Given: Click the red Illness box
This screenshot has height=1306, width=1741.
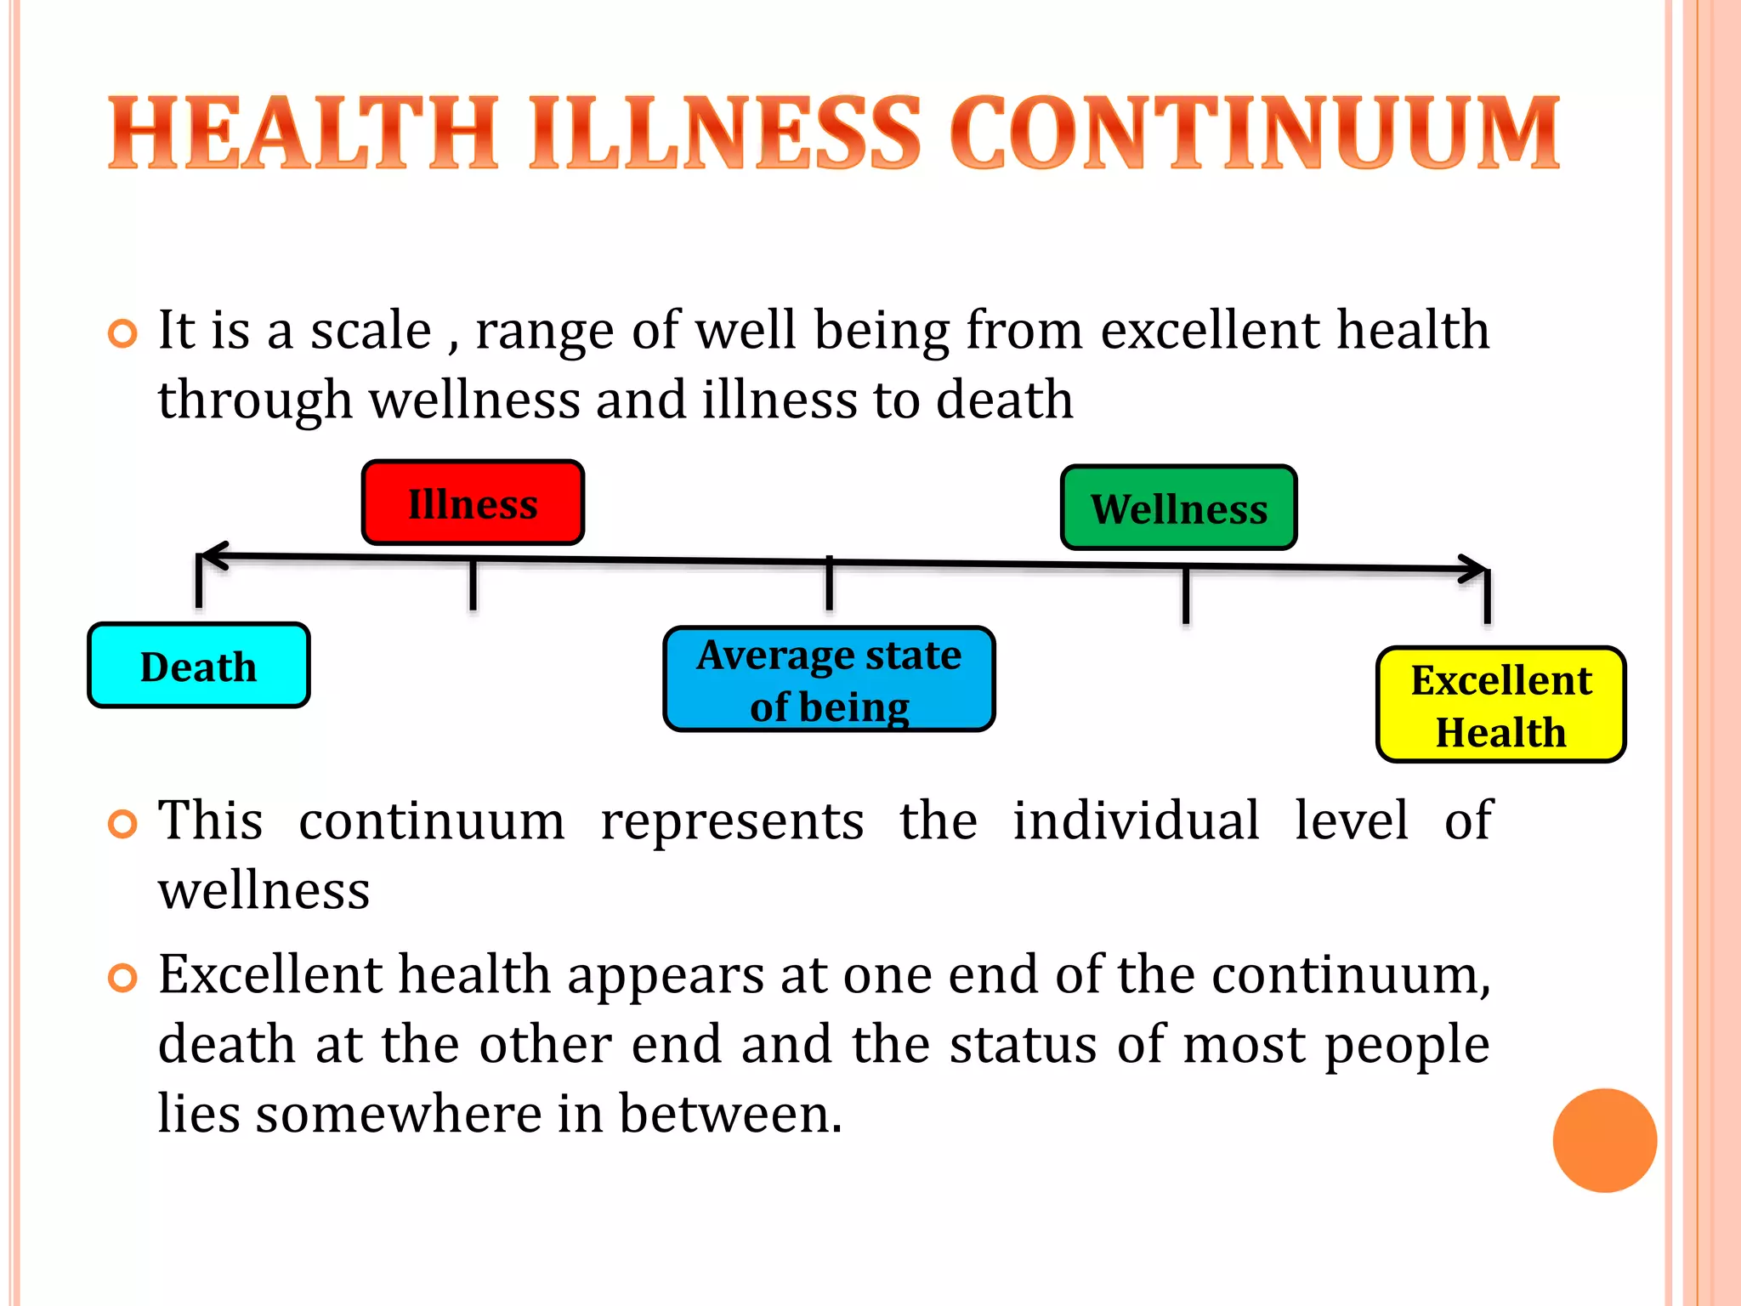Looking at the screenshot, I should (473, 503).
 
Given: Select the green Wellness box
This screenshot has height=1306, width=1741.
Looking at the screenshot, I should (1179, 508).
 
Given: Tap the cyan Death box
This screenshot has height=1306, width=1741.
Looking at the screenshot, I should (199, 666).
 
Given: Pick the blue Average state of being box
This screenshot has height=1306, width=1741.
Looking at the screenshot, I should (829, 679).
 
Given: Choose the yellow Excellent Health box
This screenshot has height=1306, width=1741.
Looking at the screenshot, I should (1500, 705).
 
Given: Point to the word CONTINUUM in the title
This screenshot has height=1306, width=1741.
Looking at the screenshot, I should (1255, 133).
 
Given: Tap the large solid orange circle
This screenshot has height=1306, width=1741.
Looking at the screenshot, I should (1604, 1140).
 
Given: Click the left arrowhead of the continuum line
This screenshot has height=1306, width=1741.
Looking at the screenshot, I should (213, 556).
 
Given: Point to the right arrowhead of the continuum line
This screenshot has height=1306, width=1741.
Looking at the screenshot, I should (1475, 569).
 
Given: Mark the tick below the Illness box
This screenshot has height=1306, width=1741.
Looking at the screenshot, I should (473, 584).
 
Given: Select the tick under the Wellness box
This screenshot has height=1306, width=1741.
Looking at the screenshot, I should (1186, 594).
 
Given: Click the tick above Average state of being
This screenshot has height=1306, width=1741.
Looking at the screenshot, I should (829, 584).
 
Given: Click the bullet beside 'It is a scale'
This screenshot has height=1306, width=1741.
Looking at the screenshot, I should (123, 334).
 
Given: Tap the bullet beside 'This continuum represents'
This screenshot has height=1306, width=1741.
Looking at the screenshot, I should (123, 824).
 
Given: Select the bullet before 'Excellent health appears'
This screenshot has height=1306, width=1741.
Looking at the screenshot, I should (123, 978).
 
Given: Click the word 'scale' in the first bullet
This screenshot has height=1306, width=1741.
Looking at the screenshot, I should (371, 331).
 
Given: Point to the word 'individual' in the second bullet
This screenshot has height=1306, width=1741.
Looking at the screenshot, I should (1136, 821).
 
